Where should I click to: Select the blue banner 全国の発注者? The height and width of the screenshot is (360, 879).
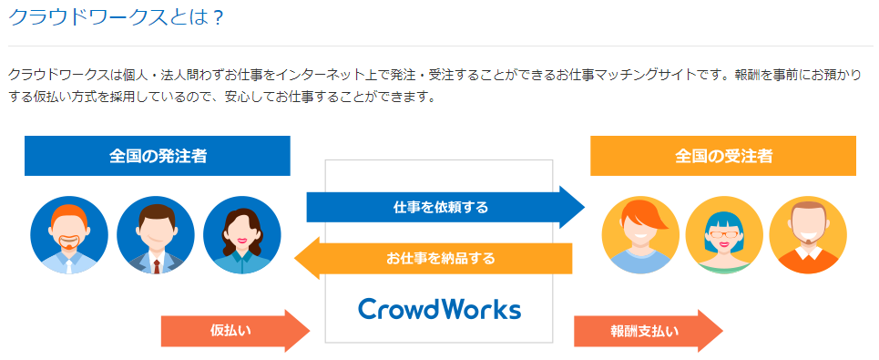[x=158, y=156]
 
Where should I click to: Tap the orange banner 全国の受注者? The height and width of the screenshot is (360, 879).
[x=723, y=156]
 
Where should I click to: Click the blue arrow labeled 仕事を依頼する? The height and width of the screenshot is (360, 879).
[x=445, y=208]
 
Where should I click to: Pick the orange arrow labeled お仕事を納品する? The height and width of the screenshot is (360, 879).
[x=434, y=259]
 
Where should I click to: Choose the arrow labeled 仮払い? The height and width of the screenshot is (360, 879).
[x=235, y=331]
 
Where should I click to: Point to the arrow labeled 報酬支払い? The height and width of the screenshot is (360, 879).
[x=649, y=331]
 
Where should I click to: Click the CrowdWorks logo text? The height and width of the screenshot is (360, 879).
[x=439, y=309]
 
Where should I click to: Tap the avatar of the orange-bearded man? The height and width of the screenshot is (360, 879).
[x=69, y=235]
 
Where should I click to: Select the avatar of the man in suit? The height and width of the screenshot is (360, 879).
[x=155, y=235]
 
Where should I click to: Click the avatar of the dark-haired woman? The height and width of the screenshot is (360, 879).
[x=242, y=235]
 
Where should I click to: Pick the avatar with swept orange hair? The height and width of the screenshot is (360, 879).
[x=640, y=235]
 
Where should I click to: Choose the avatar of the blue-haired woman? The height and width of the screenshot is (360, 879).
[x=724, y=235]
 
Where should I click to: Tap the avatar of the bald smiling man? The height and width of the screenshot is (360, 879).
[x=808, y=235]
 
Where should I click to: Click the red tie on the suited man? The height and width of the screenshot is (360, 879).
[x=156, y=267]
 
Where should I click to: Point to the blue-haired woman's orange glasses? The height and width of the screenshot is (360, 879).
[x=724, y=230]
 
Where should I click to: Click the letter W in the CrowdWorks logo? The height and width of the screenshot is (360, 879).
[x=443, y=309]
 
